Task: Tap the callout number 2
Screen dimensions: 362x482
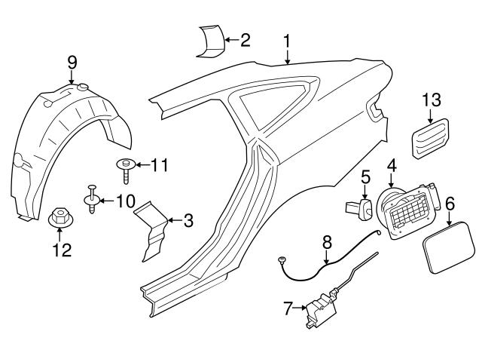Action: (245, 39)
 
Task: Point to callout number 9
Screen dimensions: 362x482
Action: (72, 61)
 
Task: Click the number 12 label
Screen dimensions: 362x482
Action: (61, 250)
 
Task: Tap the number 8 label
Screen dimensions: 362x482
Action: (327, 243)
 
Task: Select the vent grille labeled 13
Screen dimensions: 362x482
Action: (431, 139)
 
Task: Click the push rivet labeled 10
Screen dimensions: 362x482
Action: (93, 198)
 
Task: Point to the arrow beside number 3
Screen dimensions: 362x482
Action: (173, 220)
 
